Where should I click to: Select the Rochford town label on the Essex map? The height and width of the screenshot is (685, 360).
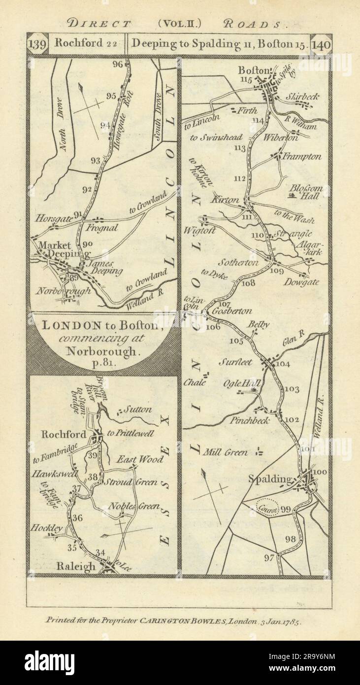point(64,435)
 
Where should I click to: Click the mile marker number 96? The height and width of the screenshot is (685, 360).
point(117,64)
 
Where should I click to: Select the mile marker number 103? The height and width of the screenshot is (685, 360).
point(292,389)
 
